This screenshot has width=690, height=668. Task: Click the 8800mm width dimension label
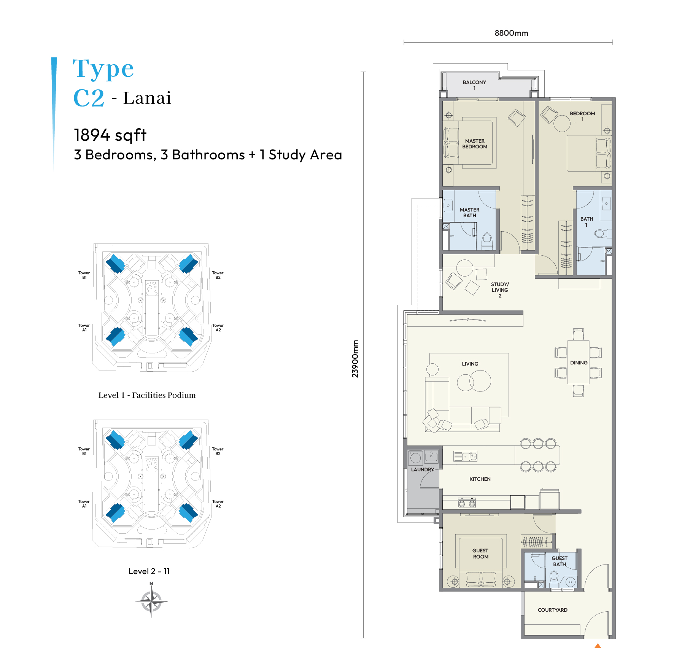tap(511, 33)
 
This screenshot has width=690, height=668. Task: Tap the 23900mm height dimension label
tap(355, 359)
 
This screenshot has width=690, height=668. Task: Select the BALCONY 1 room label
tap(474, 85)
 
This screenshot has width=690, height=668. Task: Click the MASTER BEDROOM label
tap(475, 143)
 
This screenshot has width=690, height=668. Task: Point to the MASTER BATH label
tap(469, 212)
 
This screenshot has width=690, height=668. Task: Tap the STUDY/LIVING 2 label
tap(500, 290)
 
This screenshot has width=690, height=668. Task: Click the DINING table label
tap(579, 363)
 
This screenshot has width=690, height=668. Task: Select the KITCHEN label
tap(480, 479)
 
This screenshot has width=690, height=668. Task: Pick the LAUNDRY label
tap(422, 469)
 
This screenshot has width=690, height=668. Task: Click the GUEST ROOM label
tap(480, 553)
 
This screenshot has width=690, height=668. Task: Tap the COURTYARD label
tap(552, 610)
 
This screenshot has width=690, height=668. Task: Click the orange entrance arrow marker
tap(598, 646)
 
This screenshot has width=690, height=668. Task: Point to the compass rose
tap(151, 601)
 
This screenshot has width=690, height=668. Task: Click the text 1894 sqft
tap(110, 135)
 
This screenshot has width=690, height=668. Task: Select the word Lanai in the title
tap(147, 98)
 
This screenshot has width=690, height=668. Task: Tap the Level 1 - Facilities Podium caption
tap(147, 395)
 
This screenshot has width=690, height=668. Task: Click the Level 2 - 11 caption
tap(149, 571)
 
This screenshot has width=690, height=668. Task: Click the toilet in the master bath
tap(487, 241)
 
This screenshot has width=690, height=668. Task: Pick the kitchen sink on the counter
tap(465, 456)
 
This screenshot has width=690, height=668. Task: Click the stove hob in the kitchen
tap(467, 503)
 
